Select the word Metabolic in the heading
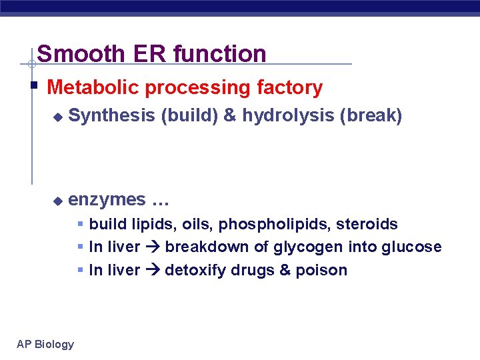pyautogui.click(x=93, y=87)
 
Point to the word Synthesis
pyautogui.click(x=111, y=116)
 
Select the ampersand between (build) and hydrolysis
pyautogui.click(x=229, y=116)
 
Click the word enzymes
pyautogui.click(x=107, y=199)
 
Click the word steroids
pyautogui.click(x=371, y=224)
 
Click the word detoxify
pyautogui.click(x=194, y=270)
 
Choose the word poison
pyautogui.click(x=324, y=270)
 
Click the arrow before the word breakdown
pyautogui.click(x=153, y=247)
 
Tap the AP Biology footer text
pyautogui.click(x=45, y=344)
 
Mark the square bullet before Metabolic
pyautogui.click(x=33, y=86)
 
